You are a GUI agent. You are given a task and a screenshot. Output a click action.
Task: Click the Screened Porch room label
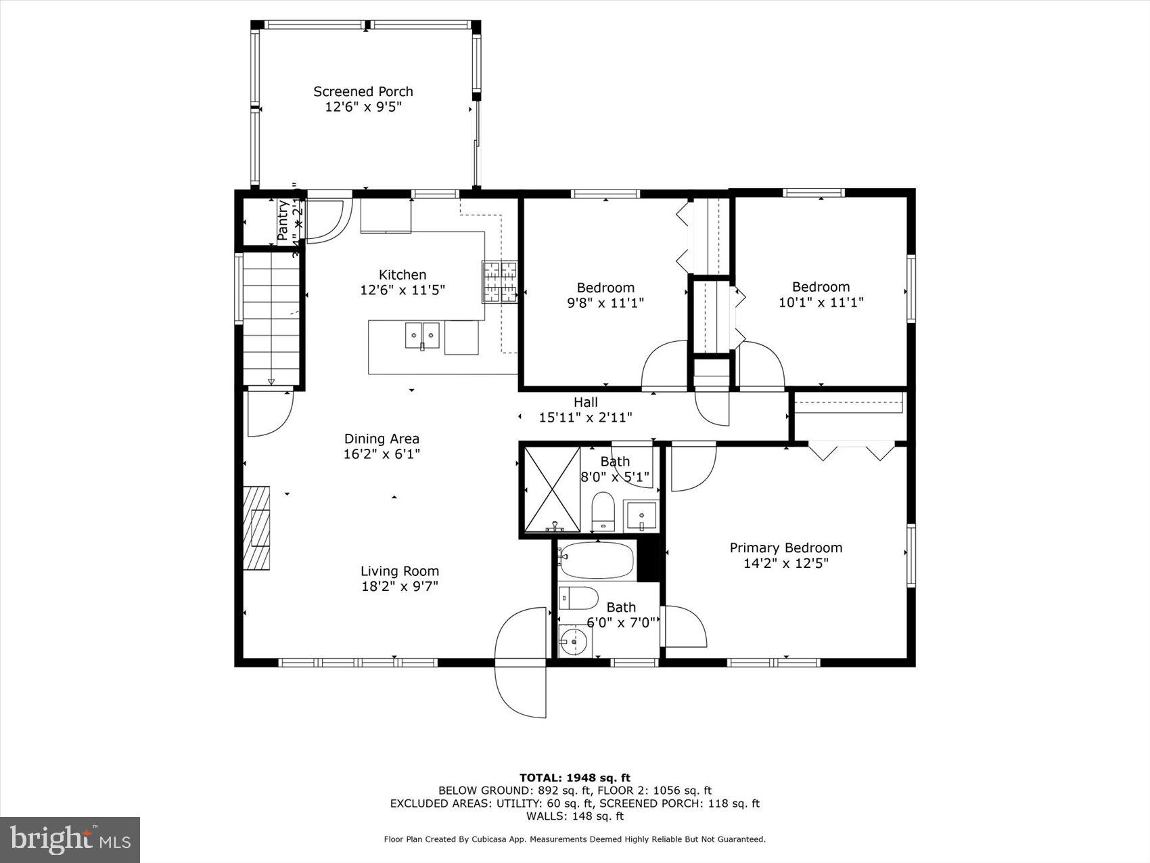[363, 91]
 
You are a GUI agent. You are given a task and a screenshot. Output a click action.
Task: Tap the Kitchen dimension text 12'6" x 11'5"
[402, 290]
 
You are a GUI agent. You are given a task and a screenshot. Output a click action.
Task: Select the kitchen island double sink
[422, 335]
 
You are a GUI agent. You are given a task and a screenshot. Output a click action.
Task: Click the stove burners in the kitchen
[499, 282]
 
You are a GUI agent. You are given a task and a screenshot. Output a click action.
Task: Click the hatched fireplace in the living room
[257, 528]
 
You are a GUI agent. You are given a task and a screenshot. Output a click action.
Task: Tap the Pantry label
[283, 219]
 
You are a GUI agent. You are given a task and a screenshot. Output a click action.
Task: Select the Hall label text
[586, 402]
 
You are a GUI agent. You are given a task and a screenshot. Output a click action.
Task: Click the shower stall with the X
[553, 489]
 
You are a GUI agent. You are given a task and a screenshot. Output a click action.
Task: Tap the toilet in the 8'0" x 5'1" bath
[602, 510]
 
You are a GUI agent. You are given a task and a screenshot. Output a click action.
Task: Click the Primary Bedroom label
[785, 548]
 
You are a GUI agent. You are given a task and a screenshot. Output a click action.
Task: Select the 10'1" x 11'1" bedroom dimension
[821, 303]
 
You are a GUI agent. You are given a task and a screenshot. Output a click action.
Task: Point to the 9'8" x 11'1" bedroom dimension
[605, 303]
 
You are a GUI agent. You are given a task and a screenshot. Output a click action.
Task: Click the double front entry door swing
[522, 662]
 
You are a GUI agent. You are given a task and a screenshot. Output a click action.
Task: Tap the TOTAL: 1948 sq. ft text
[574, 778]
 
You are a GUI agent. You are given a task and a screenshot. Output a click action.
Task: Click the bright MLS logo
[70, 839]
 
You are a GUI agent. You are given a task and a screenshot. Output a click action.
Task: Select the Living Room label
[399, 571]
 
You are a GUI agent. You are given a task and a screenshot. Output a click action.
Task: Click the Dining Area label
[382, 439]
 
